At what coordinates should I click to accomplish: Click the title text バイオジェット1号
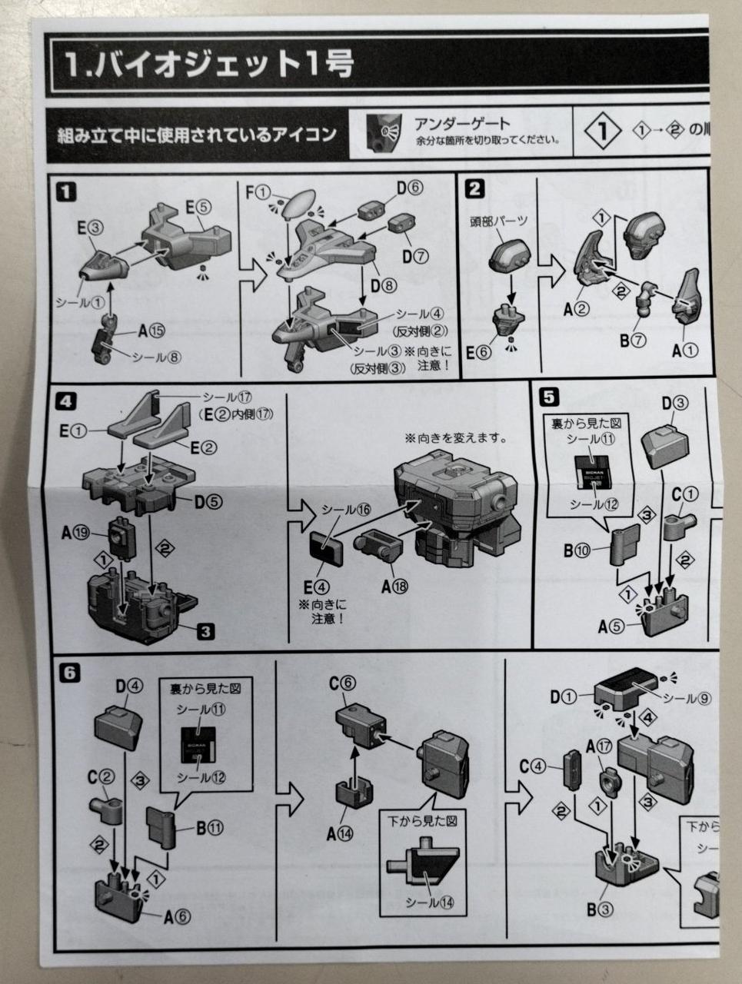point(208,65)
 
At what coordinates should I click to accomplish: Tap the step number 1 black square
point(67,191)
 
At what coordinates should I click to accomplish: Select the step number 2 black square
point(475,189)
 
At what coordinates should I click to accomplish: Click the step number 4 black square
point(67,401)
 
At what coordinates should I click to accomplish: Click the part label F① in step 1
point(258,192)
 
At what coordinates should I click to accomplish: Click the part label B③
point(600,909)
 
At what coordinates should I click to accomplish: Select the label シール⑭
point(430,902)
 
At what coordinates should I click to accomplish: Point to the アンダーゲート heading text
point(462,123)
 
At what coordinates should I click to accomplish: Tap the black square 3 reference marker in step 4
point(205,632)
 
